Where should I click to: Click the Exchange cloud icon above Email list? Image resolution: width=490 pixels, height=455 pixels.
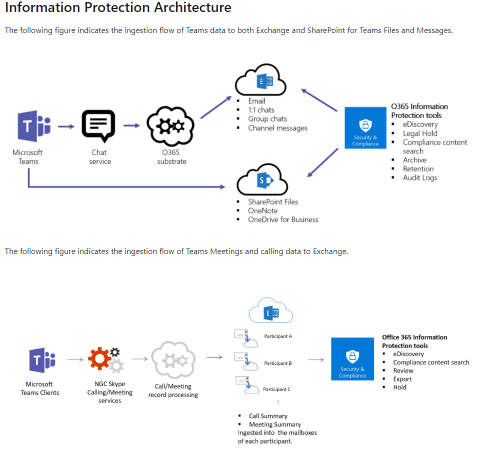(260, 80)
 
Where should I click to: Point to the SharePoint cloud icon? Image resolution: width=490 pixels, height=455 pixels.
(262, 181)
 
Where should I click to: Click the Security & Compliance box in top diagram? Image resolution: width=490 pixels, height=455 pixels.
(365, 127)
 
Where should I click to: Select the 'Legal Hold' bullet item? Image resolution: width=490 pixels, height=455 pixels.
(420, 133)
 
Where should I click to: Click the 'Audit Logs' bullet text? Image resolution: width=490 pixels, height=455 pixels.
(420, 177)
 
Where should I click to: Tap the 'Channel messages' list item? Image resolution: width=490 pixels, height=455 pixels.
(277, 128)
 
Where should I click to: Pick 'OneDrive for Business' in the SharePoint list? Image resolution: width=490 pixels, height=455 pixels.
(283, 219)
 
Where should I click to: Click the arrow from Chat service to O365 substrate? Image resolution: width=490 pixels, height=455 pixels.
(131, 125)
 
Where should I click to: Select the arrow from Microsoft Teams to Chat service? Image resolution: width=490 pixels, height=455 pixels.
(66, 126)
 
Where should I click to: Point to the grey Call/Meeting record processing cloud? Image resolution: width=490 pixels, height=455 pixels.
(172, 359)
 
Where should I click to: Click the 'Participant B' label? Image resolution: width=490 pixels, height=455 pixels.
(277, 363)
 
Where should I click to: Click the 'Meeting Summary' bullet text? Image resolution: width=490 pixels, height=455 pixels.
(274, 424)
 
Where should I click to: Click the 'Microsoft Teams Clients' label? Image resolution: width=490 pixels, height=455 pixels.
(39, 388)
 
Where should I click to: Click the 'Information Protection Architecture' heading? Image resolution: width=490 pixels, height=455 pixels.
(118, 8)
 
